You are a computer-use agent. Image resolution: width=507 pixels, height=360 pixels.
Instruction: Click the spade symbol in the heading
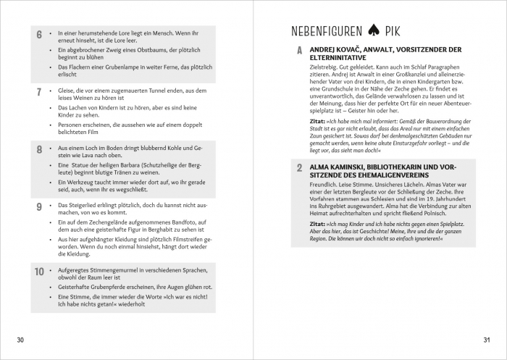tap(374, 31)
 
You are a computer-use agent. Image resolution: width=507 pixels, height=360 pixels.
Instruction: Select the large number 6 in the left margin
tap(39, 35)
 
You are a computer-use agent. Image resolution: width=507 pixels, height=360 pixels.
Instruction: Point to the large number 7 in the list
tap(39, 93)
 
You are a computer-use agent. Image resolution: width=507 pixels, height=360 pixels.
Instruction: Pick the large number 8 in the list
tap(39, 150)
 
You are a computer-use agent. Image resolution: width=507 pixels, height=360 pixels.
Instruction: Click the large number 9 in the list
tap(39, 207)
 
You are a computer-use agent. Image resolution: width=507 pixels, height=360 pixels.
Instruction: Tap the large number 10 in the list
tap(41, 273)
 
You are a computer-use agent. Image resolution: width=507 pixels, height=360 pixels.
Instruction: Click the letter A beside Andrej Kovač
tap(299, 51)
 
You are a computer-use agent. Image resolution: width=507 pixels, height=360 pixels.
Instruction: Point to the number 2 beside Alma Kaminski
tap(299, 168)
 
